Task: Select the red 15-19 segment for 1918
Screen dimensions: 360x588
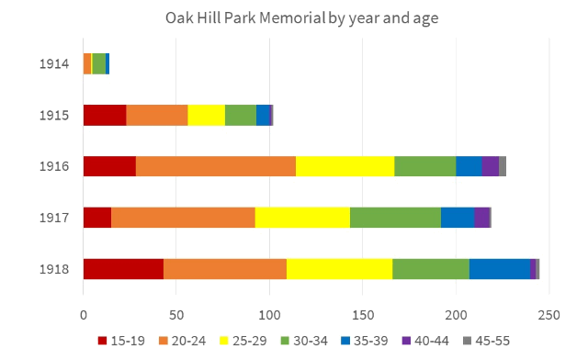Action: coord(123,268)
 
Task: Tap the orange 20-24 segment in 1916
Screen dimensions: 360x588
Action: coord(216,165)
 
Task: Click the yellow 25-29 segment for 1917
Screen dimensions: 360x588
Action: coord(302,217)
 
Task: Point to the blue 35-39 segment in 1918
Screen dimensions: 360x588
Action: coord(500,268)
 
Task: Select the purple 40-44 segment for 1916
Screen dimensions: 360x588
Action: coord(491,165)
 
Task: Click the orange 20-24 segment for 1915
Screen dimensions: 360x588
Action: coord(157,115)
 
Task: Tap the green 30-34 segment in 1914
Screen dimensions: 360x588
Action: coord(98,63)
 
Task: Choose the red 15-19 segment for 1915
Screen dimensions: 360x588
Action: coord(105,115)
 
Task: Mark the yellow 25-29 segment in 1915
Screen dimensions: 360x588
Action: coord(207,115)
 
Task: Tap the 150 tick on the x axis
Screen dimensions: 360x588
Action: coord(363,315)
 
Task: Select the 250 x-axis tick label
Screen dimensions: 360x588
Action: coord(549,315)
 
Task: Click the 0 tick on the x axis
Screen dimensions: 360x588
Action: coord(84,315)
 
